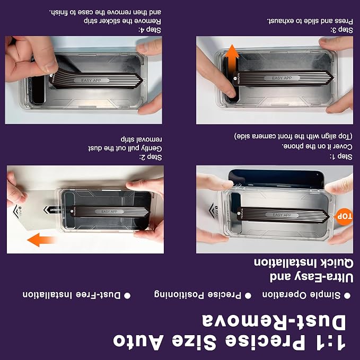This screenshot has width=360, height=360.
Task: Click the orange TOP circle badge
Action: pyautogui.click(x=344, y=216)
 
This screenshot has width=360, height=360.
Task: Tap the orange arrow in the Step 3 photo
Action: pyautogui.click(x=232, y=58)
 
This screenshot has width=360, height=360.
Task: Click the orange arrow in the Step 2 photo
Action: pyautogui.click(x=41, y=240)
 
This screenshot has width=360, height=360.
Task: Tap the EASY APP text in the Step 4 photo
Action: pyautogui.click(x=91, y=81)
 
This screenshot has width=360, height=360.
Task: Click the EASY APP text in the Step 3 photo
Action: pyautogui.click(x=282, y=78)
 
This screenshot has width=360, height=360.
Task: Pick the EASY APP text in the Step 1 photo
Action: pyautogui.click(x=282, y=215)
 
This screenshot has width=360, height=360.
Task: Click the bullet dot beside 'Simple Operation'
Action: pyautogui.click(x=347, y=296)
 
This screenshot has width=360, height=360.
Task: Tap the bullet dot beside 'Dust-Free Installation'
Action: pyautogui.click(x=127, y=295)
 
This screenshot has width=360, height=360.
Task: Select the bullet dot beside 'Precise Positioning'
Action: pyautogui.click(x=248, y=295)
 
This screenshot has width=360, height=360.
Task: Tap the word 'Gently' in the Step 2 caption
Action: pyautogui.click(x=151, y=148)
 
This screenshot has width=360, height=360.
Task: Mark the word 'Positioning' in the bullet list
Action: pyautogui.click(x=179, y=295)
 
